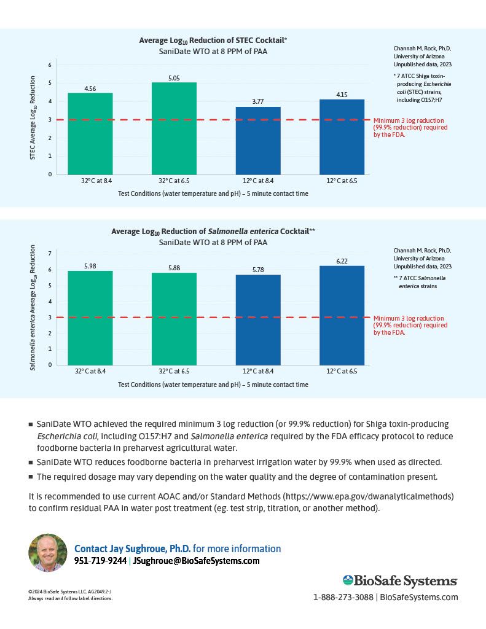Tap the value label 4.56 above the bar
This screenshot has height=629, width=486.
coord(90,88)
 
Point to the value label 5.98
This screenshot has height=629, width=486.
coord(90,266)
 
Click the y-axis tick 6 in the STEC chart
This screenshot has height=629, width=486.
coord(50,64)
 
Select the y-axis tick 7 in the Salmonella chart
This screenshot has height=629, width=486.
coord(50,253)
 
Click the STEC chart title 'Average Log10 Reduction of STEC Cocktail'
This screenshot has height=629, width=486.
coord(213,41)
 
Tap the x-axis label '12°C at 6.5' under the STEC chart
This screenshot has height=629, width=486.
coord(342,181)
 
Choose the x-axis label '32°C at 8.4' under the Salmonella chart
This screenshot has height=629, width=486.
coord(90,371)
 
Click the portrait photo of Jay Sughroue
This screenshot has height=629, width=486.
coord(48,553)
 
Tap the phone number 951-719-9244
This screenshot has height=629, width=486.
coord(100,561)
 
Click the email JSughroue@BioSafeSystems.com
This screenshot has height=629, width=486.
coord(196,561)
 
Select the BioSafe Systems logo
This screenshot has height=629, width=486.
coord(400,580)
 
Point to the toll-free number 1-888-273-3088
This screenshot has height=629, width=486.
coord(343,597)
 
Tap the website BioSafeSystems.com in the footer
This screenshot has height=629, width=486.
coord(419,597)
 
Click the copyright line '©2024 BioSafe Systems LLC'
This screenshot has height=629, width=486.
coord(59,592)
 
